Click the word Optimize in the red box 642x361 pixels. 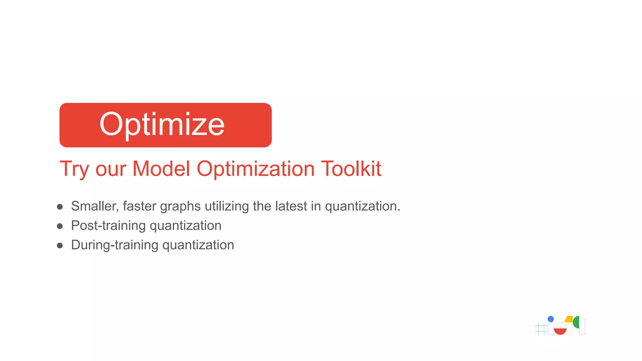point(162,124)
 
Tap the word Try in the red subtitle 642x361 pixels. point(75,169)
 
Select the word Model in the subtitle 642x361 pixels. point(161,169)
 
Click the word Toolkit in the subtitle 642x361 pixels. point(351,169)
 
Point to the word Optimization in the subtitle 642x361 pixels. point(255,169)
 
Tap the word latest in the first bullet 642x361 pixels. point(291,206)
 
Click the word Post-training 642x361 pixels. point(108,226)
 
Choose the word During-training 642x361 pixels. point(115,245)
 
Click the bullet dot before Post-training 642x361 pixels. point(60,226)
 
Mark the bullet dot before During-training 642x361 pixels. point(60,245)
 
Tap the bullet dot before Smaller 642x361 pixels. point(60,207)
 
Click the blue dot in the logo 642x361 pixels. point(551,319)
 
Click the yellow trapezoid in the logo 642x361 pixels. point(569,319)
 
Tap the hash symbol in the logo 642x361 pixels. point(541,328)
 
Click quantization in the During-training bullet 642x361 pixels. point(198,245)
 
